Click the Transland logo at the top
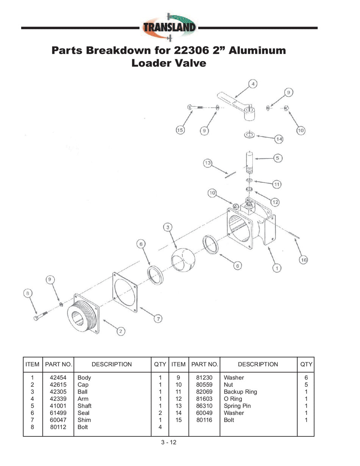click(169, 28)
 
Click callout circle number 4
click(253, 83)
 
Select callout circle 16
click(303, 260)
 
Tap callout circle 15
click(180, 130)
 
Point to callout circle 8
click(28, 293)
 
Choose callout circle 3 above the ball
click(168, 227)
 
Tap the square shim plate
click(125, 292)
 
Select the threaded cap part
click(83, 314)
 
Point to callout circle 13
click(208, 163)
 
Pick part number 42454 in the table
click(58, 378)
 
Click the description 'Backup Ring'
click(240, 392)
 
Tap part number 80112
click(58, 427)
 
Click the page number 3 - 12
click(169, 442)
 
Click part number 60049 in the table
click(204, 413)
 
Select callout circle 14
click(279, 139)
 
